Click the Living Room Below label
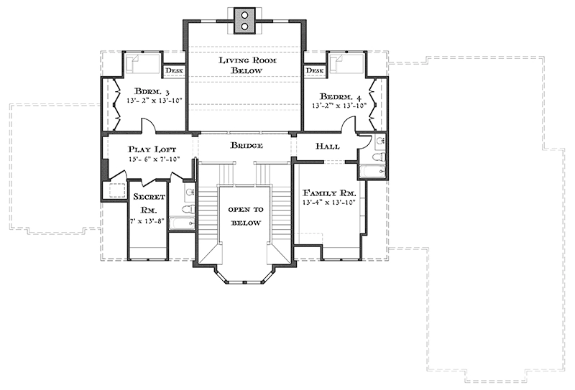pos(247,65)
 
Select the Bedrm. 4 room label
pos(340,97)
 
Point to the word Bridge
pos(247,146)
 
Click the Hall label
pos(328,147)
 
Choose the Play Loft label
pos(152,149)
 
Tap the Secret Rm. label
pos(149,203)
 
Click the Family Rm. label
pos(329,192)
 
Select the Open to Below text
pos(246,216)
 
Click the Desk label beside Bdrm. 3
pos(174,70)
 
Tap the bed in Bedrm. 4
pos(346,64)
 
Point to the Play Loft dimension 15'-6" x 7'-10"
pos(155,159)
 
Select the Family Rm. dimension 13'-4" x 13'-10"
pos(329,203)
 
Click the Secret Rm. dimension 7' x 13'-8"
pos(147,221)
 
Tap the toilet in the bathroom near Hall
pos(378,157)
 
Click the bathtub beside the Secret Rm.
pos(183,223)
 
